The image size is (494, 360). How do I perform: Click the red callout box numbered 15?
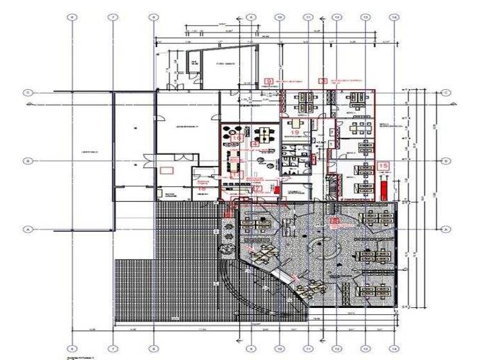coord(384,166)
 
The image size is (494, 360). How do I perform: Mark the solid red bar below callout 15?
coord(384,188)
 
